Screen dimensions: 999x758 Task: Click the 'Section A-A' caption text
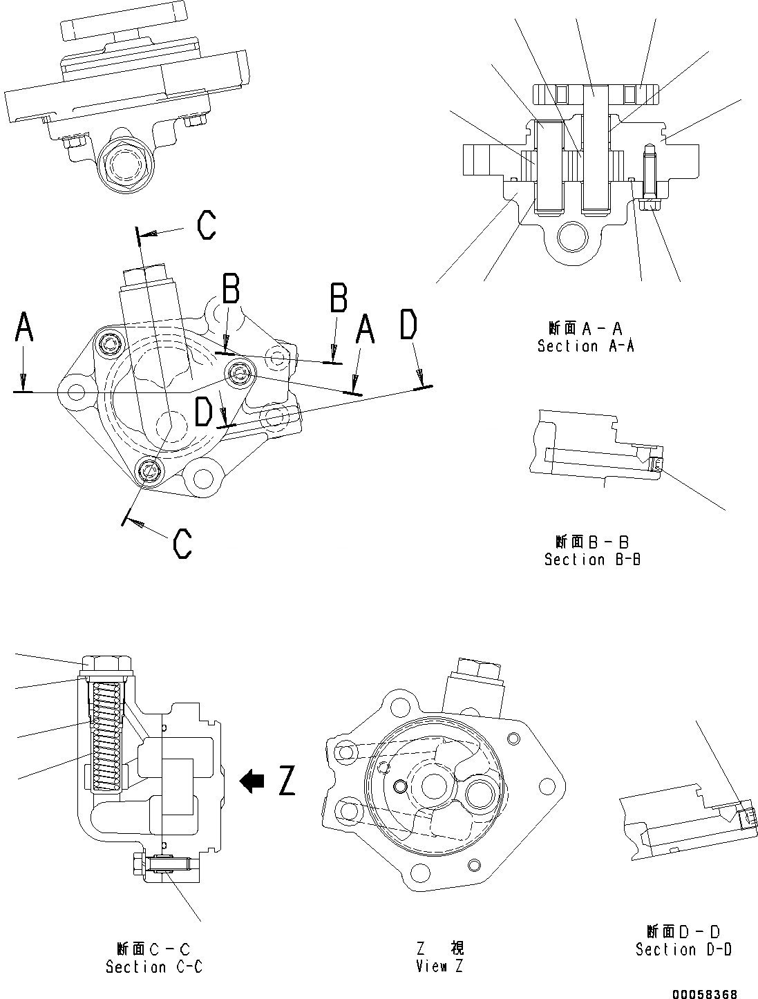pyautogui.click(x=586, y=346)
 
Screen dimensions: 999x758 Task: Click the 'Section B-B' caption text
pyautogui.click(x=592, y=560)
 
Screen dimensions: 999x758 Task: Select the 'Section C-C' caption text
pyautogui.click(x=154, y=967)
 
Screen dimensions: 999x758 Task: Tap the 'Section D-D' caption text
pyautogui.click(x=683, y=950)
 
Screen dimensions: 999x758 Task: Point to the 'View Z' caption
pyautogui.click(x=440, y=966)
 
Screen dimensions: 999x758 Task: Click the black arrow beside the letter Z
pyautogui.click(x=252, y=781)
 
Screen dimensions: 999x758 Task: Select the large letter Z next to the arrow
pyautogui.click(x=287, y=781)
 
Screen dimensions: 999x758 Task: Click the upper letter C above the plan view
pyautogui.click(x=206, y=225)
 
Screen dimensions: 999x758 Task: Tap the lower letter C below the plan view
pyautogui.click(x=182, y=543)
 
